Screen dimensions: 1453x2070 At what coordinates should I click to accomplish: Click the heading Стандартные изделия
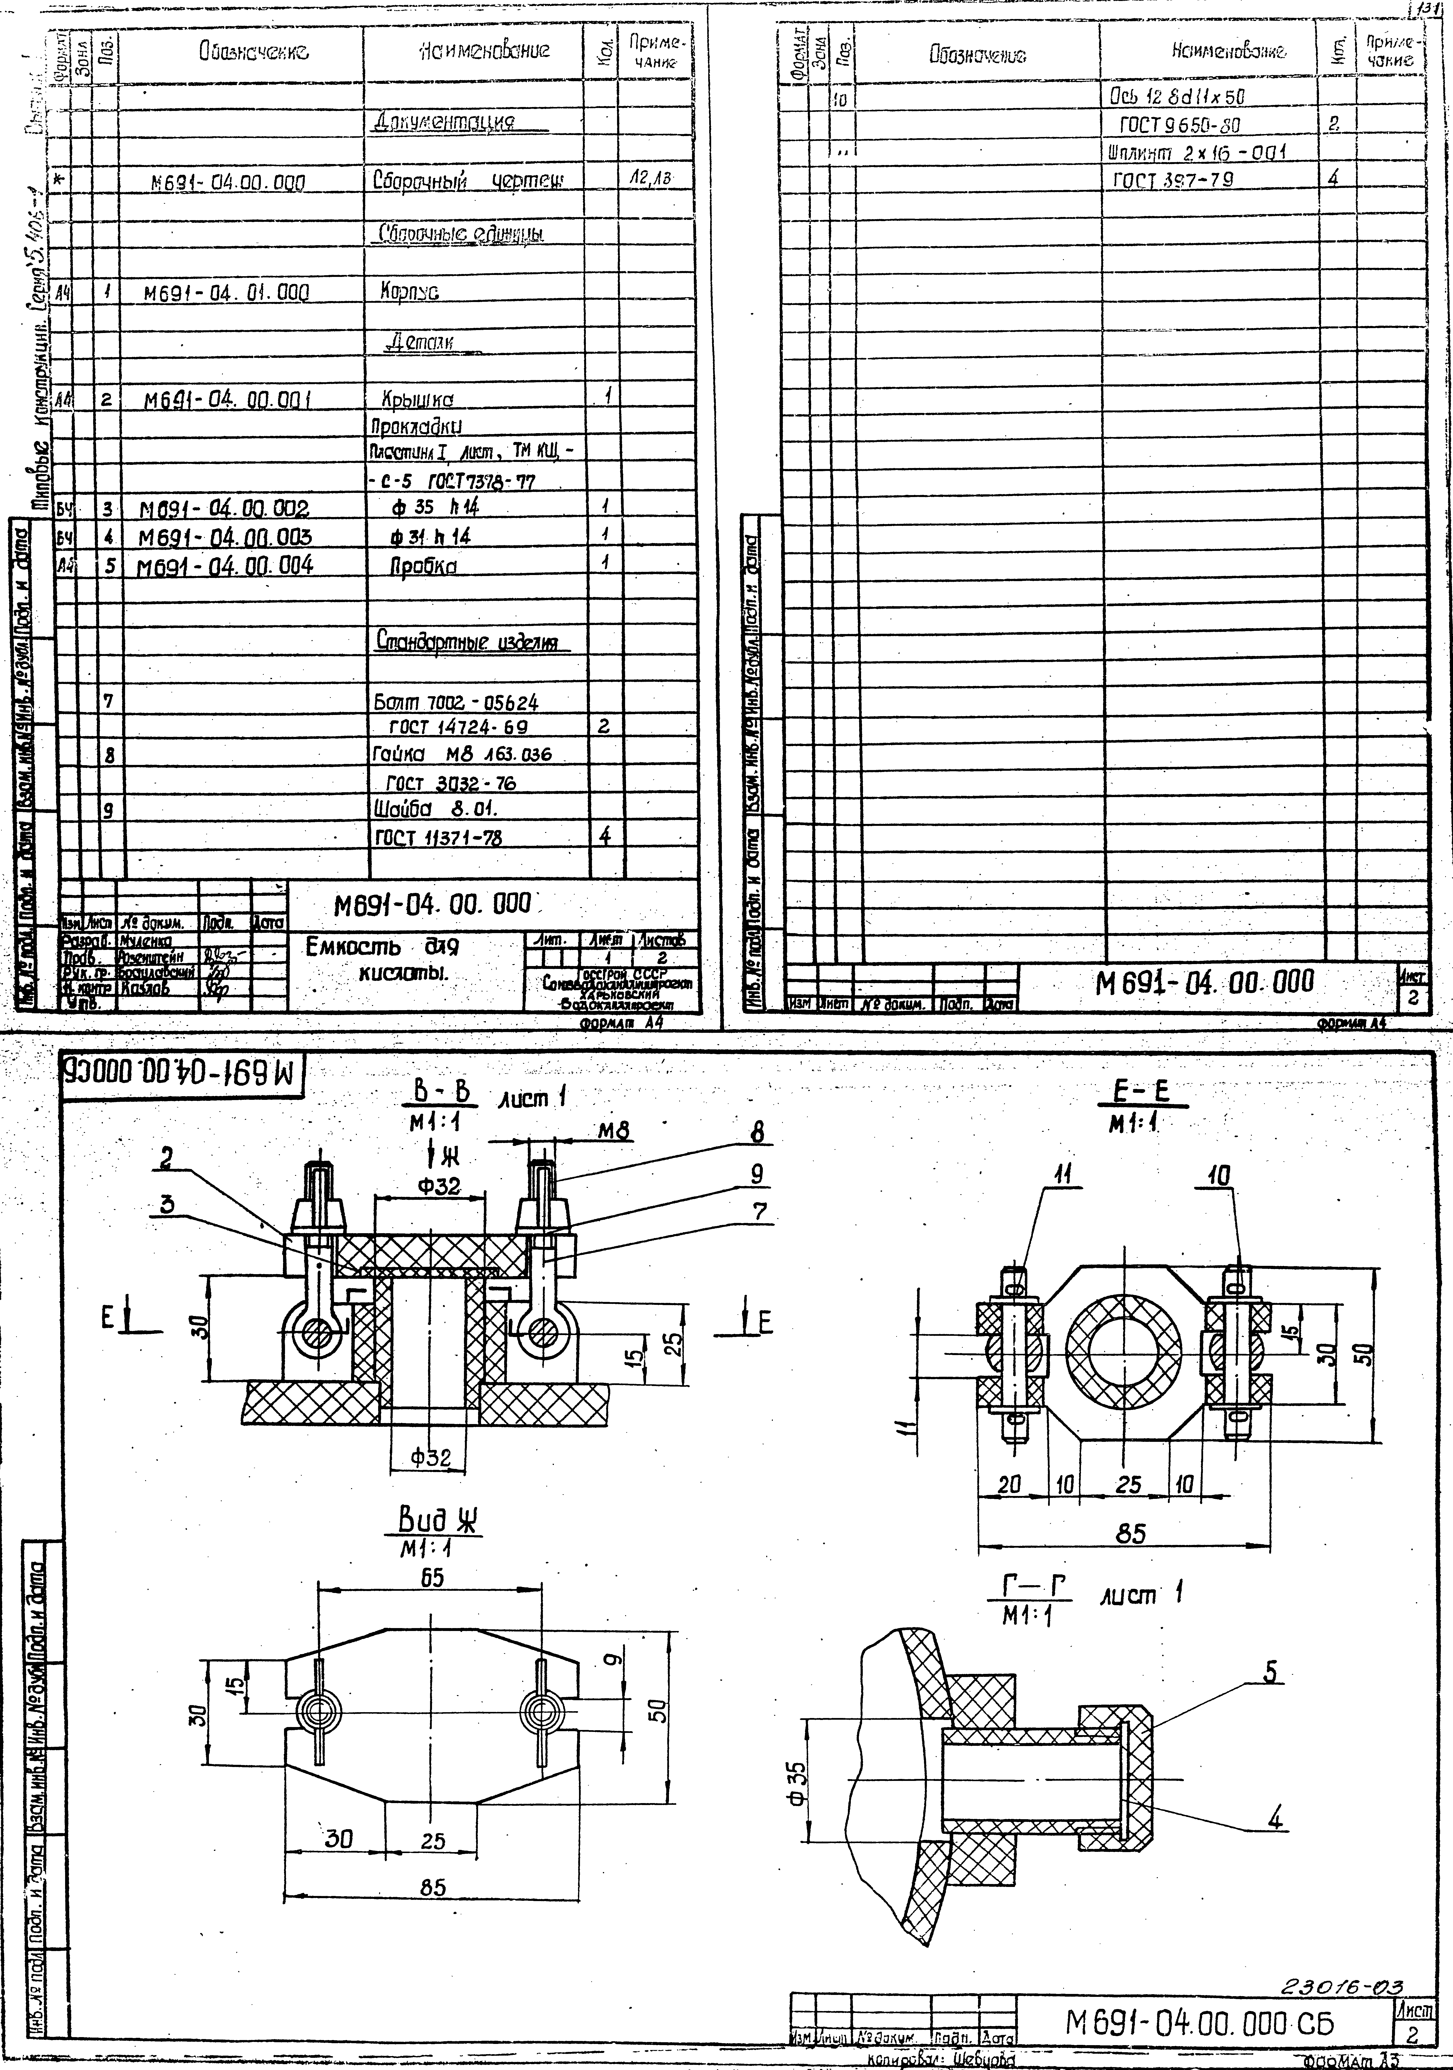465,643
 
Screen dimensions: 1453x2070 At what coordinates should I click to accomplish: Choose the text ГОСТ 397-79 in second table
1172,178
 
